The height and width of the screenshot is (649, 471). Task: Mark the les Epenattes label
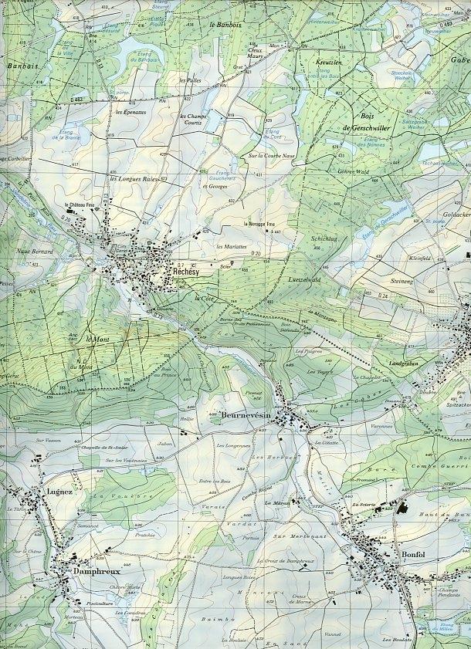(130, 113)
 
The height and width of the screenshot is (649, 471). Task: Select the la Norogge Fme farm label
(259, 224)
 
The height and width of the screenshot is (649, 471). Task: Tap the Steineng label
(402, 281)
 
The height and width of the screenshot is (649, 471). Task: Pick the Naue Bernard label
(36, 252)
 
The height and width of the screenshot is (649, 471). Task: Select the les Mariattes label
(232, 246)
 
